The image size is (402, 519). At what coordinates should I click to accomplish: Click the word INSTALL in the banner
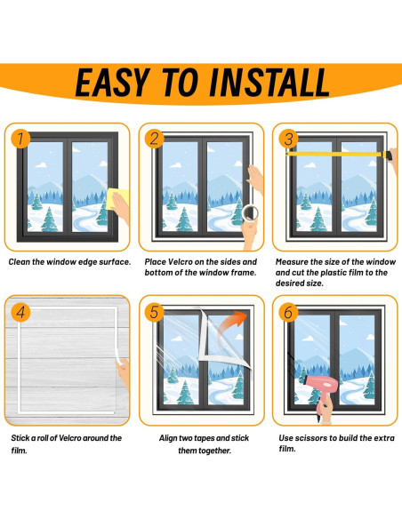(269, 82)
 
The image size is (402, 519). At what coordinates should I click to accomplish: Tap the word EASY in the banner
(112, 82)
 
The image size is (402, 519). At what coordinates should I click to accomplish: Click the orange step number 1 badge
(20, 139)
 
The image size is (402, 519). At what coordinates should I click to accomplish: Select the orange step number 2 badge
(155, 139)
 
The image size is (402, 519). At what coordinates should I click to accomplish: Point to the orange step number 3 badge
(288, 139)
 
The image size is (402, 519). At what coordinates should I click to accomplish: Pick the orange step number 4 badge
(20, 312)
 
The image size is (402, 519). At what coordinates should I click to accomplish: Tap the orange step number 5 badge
(155, 312)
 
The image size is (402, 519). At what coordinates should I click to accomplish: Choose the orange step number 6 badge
(288, 312)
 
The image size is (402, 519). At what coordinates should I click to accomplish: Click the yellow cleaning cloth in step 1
(117, 198)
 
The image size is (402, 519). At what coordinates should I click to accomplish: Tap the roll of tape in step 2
(250, 212)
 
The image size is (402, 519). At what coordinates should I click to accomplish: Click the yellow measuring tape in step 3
(339, 154)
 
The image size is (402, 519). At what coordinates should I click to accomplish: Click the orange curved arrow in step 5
(232, 323)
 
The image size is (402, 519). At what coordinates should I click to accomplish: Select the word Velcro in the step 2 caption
(181, 262)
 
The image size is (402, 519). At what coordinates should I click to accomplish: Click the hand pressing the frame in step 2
(255, 180)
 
